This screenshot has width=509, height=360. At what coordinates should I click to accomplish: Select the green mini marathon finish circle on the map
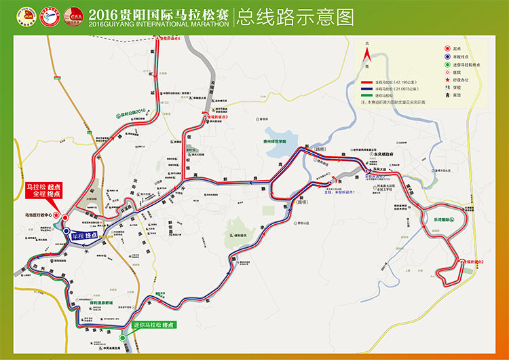point(122,337)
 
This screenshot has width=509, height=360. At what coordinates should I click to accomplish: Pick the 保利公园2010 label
point(133,113)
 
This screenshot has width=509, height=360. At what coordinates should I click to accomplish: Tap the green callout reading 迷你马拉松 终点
point(153,325)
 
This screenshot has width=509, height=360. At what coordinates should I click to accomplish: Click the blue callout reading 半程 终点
point(81,234)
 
